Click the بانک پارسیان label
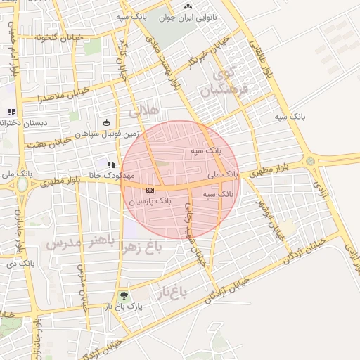click(149, 200)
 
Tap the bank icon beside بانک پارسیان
click(149, 190)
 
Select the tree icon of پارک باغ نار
click(124, 296)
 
